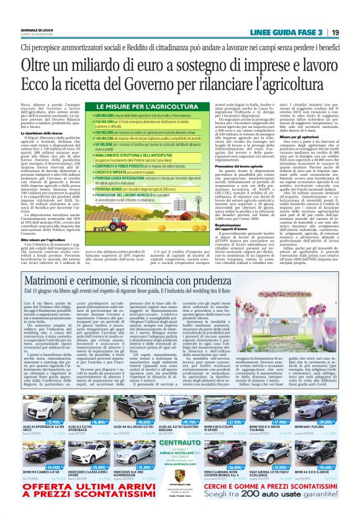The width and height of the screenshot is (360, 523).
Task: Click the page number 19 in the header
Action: pyautogui.click(x=335, y=32)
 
